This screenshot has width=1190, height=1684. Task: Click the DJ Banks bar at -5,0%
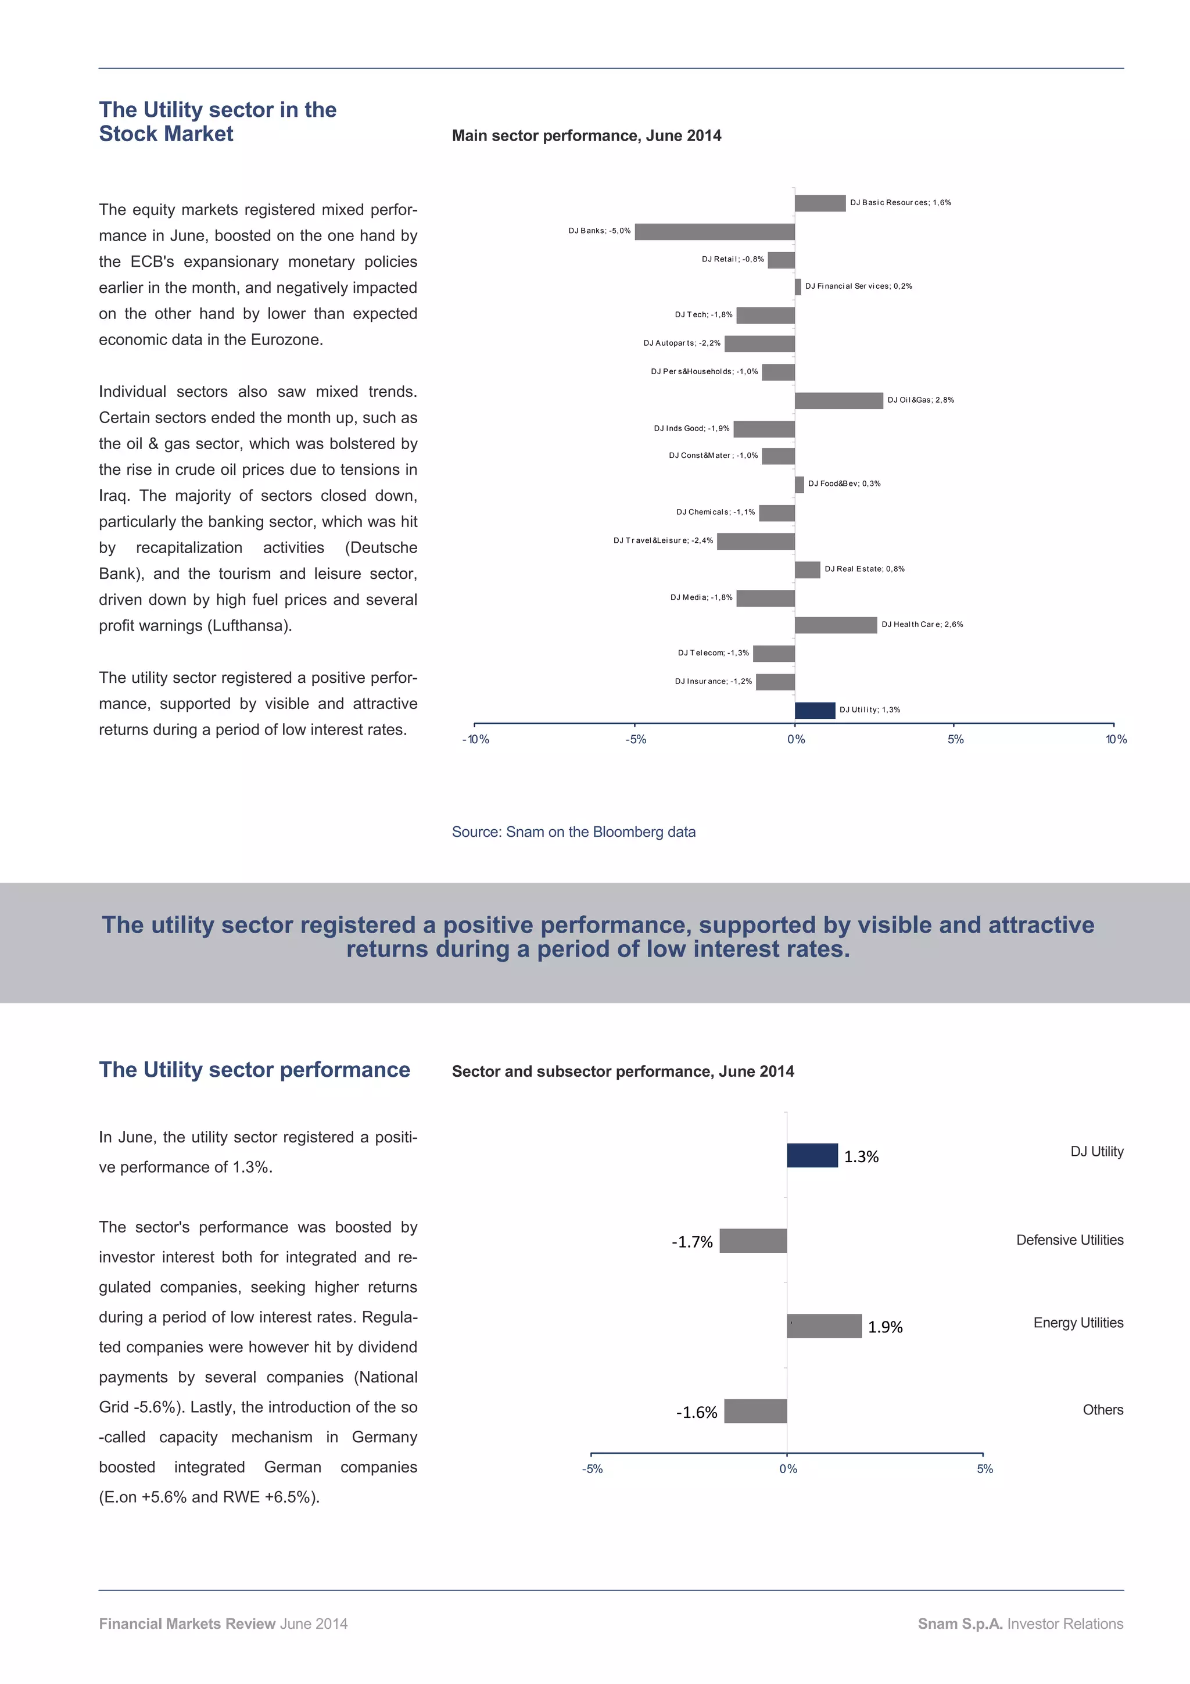(x=714, y=232)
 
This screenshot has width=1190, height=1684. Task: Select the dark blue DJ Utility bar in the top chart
(x=815, y=710)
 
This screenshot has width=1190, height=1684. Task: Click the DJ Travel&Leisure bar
(x=755, y=542)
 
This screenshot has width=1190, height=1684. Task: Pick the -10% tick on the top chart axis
(x=475, y=739)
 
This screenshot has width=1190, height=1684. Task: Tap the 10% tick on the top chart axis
(x=1115, y=739)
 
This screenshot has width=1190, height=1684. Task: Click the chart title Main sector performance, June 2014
(x=586, y=136)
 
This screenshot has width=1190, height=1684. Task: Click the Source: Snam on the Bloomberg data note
(x=574, y=832)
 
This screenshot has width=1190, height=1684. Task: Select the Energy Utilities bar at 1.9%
(x=823, y=1326)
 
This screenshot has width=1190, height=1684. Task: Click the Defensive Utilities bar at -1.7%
(x=753, y=1241)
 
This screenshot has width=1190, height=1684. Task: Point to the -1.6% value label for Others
(x=696, y=1413)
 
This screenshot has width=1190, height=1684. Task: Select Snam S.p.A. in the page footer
(x=959, y=1624)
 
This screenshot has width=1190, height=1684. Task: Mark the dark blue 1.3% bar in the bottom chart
(x=812, y=1155)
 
